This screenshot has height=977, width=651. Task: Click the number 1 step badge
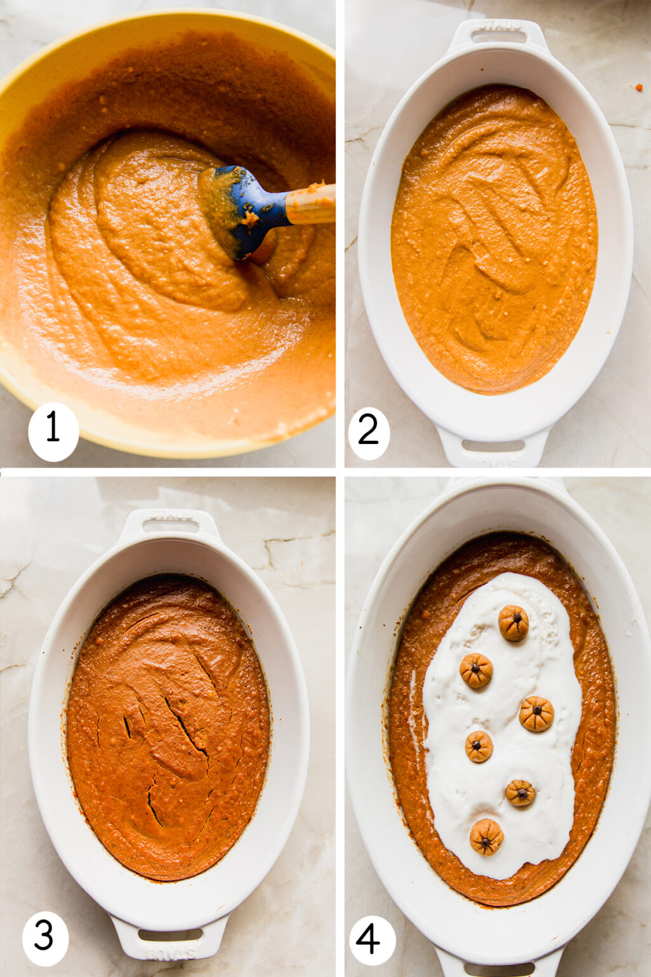[53, 431]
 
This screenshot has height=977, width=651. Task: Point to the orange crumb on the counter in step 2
[639, 87]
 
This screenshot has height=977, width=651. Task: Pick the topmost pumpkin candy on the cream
[513, 622]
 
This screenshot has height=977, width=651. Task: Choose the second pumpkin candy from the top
[476, 670]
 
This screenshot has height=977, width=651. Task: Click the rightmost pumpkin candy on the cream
[537, 713]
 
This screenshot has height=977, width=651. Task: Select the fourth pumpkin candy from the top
[479, 746]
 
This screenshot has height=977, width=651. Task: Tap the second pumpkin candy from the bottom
[521, 793]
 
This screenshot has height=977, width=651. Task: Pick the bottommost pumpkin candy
[487, 836]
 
